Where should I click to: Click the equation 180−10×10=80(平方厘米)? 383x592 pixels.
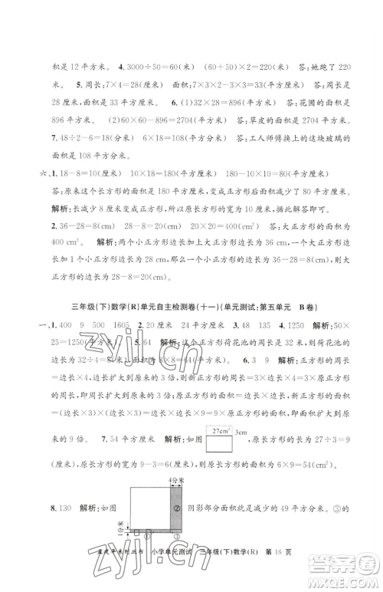(x=264, y=173)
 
